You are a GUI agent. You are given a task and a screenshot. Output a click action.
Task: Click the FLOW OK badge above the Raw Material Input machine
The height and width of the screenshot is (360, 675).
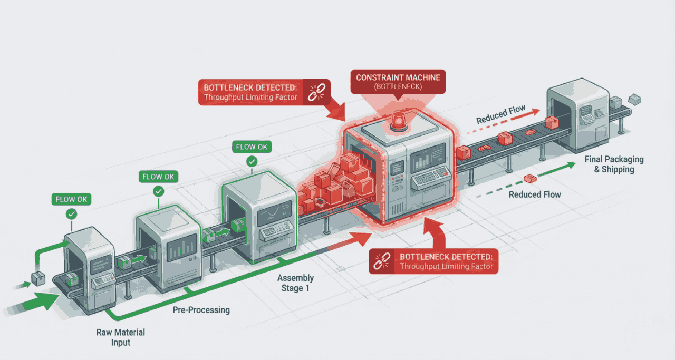tap(71, 199)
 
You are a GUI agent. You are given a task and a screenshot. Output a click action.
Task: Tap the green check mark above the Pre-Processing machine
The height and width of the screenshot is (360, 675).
tap(158, 191)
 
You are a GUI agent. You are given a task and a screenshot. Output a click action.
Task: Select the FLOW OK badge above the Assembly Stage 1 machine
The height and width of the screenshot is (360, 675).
tap(252, 147)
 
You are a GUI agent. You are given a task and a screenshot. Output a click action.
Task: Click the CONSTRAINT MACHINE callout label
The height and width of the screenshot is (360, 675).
tap(398, 82)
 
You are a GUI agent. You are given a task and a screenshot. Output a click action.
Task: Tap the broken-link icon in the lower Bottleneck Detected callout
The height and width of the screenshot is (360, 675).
tap(382, 261)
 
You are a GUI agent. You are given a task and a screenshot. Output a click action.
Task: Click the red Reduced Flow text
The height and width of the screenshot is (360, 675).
tap(500, 115)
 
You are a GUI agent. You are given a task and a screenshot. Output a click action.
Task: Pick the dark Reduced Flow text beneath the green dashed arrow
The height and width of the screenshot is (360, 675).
tap(534, 194)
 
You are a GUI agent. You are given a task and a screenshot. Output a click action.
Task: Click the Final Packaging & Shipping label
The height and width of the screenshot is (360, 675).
tap(614, 164)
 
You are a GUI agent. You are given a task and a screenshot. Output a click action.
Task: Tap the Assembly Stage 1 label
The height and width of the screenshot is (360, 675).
tap(296, 283)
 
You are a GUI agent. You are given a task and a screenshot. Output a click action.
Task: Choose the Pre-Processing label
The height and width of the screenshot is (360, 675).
tap(201, 310)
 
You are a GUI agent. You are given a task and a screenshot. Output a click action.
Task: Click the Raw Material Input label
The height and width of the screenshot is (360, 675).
tap(120, 337)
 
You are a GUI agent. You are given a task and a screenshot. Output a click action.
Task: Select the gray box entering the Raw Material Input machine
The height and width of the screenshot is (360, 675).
tap(38, 278)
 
